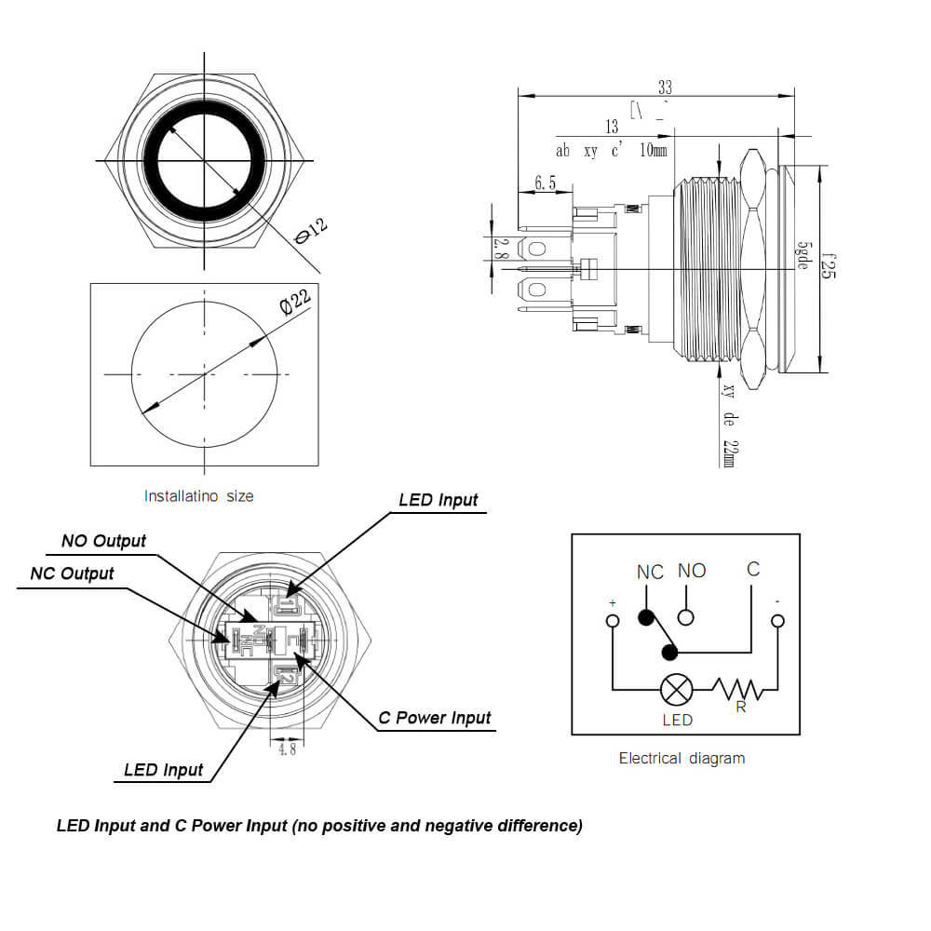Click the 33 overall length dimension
tap(665, 88)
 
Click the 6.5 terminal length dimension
tap(545, 183)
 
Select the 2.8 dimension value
tap(500, 248)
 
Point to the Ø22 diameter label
tap(294, 304)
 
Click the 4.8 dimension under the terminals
tap(286, 748)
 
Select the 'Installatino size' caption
tap(198, 496)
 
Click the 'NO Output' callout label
tap(103, 541)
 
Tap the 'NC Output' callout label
tap(72, 573)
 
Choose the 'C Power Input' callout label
tap(434, 718)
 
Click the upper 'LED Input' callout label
tap(438, 500)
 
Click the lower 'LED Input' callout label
tap(163, 770)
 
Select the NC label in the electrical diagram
tap(650, 572)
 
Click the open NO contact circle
tap(686, 616)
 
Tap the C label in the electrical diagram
tap(752, 569)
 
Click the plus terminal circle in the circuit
tap(612, 621)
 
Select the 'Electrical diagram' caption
tap(681, 758)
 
